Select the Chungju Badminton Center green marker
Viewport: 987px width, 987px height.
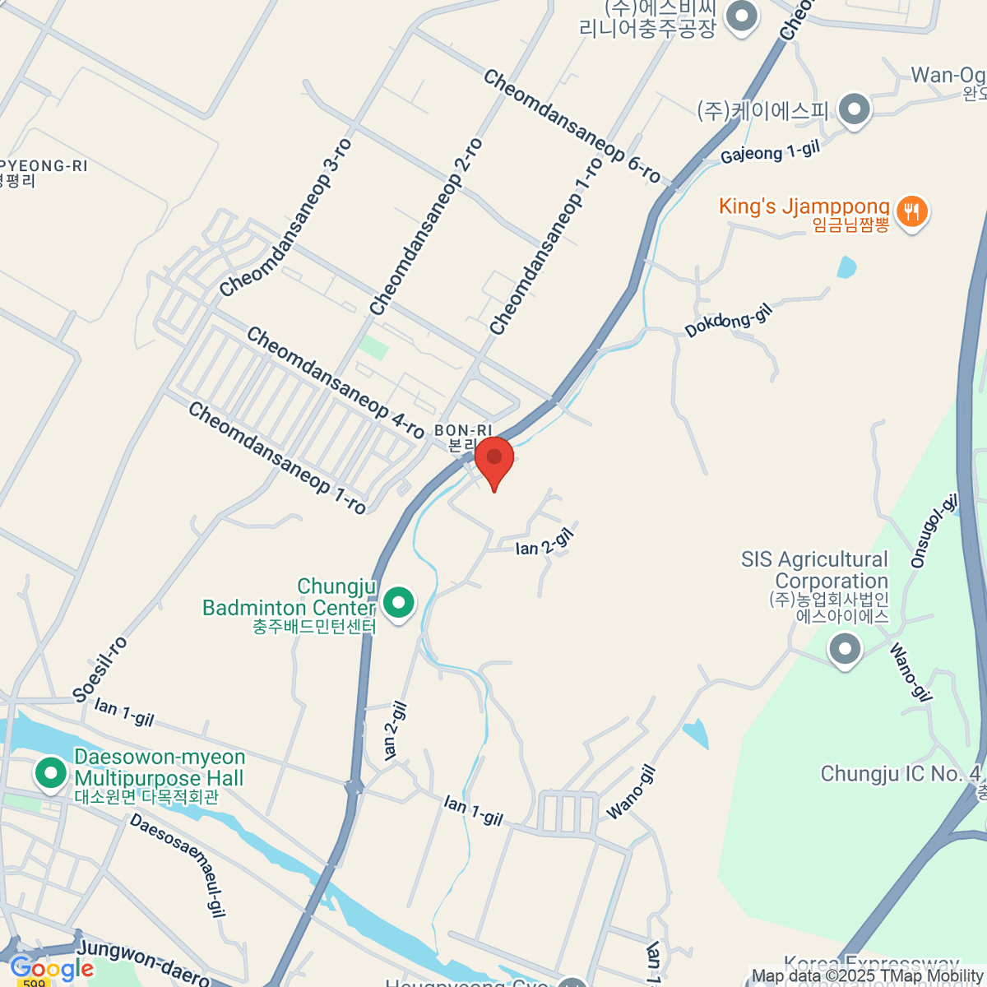tap(399, 603)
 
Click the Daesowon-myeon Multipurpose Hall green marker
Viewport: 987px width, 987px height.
tap(51, 774)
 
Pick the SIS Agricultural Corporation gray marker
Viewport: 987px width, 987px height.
tap(845, 650)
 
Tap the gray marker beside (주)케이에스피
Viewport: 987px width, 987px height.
tap(855, 109)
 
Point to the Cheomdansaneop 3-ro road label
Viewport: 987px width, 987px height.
tap(286, 217)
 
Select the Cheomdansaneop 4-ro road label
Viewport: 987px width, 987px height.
tap(335, 382)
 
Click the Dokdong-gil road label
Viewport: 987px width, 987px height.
tap(730, 319)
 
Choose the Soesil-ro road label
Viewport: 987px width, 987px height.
tap(100, 669)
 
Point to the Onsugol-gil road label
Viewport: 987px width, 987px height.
tap(934, 531)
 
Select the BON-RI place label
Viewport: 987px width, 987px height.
tap(463, 430)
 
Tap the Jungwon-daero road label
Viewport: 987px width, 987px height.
tap(145, 962)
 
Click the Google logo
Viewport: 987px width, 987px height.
tap(52, 969)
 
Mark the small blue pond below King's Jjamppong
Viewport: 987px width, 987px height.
tap(846, 267)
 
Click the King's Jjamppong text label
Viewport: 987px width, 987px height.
tap(804, 206)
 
